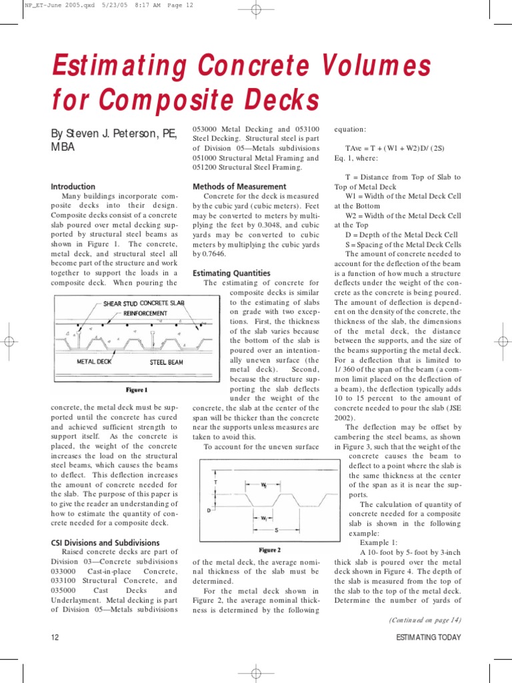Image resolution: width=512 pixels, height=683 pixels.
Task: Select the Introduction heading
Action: pyautogui.click(x=73, y=187)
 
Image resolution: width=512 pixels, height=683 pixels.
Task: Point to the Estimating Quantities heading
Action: pyautogui.click(x=231, y=273)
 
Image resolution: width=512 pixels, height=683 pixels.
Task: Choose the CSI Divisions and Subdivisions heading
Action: pyautogui.click(x=105, y=543)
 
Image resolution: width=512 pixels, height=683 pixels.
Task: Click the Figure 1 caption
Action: pyautogui.click(x=137, y=390)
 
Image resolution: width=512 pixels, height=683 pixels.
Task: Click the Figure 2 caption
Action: pyautogui.click(x=269, y=550)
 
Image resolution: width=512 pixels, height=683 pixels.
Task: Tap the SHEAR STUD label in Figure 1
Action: pyautogui.click(x=121, y=303)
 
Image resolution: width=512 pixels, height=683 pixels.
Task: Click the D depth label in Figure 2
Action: pyautogui.click(x=209, y=510)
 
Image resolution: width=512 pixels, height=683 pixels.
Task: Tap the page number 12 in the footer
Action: pyautogui.click(x=55, y=637)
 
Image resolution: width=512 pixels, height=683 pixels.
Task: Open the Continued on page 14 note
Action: pyautogui.click(x=425, y=620)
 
